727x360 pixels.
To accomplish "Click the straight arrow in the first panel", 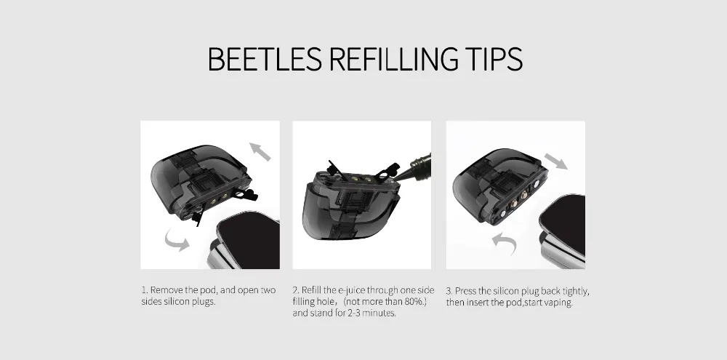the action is (x=260, y=152).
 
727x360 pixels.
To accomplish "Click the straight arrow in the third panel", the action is (x=555, y=161).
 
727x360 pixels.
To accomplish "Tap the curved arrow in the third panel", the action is (x=505, y=242).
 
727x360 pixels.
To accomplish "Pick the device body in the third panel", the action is (x=563, y=231).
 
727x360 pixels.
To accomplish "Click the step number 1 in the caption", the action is (x=144, y=290).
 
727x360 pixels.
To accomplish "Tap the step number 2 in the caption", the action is (x=296, y=290).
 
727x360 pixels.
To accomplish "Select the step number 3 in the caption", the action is (x=449, y=292).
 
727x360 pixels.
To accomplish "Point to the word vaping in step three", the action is (x=560, y=303).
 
